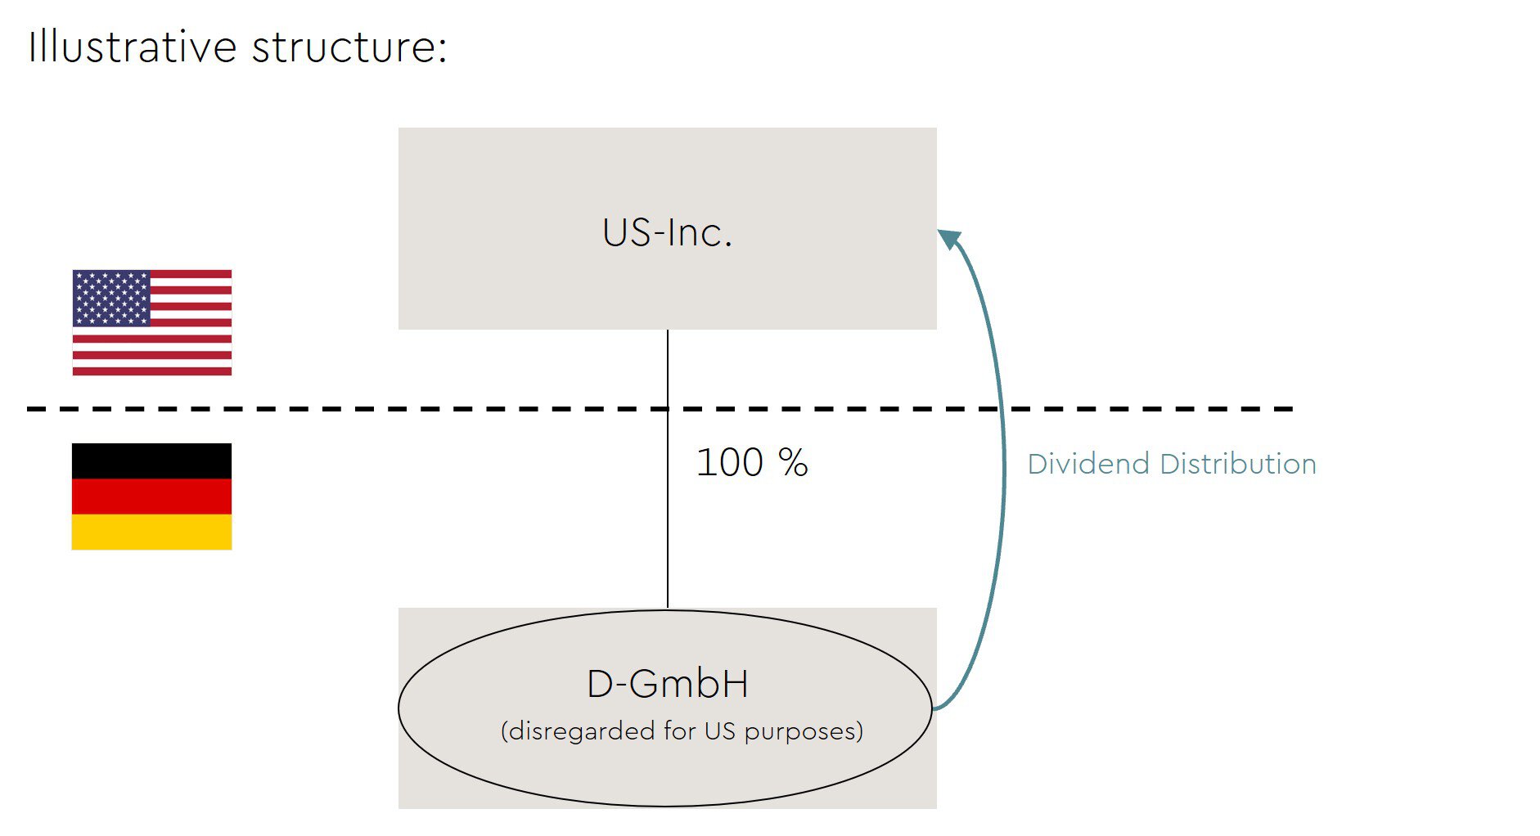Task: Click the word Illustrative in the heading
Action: pos(132,47)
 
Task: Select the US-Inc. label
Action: pos(667,232)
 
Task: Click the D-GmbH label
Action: pos(668,684)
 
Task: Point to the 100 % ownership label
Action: pos(752,463)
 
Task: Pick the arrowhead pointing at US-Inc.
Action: pos(949,239)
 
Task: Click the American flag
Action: pos(152,322)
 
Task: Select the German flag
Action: pos(152,497)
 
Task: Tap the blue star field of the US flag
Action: pos(111,298)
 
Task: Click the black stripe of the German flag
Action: pos(152,461)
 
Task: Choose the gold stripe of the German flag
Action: pos(152,532)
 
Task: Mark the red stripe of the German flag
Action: pos(152,497)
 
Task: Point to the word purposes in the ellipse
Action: pos(800,730)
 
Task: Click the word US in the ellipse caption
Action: pos(719,730)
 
